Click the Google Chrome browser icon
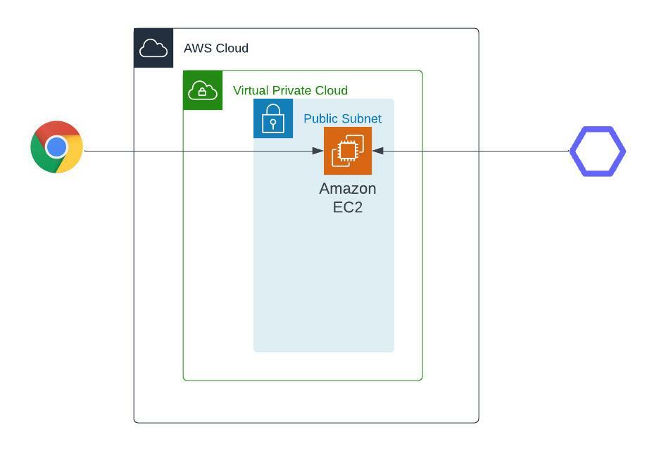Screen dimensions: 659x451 [x=57, y=147]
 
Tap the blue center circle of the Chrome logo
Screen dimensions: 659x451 [x=57, y=147]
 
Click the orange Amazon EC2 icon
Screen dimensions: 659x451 [x=348, y=151]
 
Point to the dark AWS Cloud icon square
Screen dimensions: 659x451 [x=153, y=48]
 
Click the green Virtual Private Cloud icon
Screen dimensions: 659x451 [x=203, y=90]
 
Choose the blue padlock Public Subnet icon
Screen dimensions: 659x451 [x=273, y=118]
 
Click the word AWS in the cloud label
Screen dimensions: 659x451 [x=196, y=48]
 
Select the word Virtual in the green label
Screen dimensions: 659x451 [x=251, y=90]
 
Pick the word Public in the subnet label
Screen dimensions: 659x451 [x=320, y=118]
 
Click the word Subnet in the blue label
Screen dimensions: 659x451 [x=360, y=118]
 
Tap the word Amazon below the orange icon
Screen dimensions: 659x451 [x=348, y=188]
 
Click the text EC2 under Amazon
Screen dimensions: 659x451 [x=348, y=207]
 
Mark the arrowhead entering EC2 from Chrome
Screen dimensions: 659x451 [x=318, y=151]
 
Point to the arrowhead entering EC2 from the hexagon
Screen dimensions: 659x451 [x=378, y=151]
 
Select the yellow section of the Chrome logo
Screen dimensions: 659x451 [x=71, y=156]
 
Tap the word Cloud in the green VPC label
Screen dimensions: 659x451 [x=331, y=90]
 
